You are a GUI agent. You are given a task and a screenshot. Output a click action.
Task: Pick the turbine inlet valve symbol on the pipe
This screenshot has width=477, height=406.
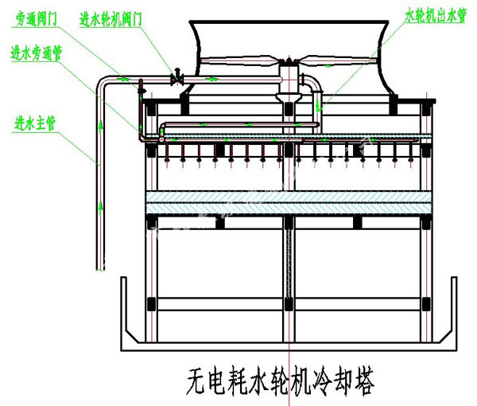176,78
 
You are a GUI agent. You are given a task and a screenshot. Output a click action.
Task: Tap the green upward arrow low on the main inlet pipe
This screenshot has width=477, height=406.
101,209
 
